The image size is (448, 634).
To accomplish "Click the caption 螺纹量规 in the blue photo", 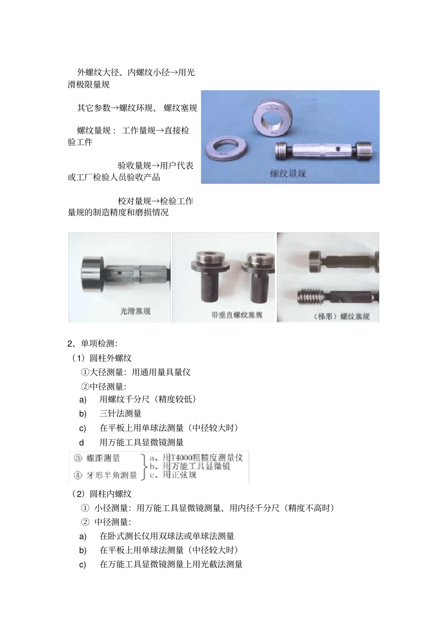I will (288, 173).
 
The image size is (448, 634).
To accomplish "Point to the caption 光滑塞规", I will (135, 311).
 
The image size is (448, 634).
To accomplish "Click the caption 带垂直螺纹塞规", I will (237, 315).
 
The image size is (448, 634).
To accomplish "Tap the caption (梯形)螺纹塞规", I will (341, 316).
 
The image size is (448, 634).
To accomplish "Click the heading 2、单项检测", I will (92, 344).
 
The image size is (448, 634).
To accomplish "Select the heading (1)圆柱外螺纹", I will (102, 358).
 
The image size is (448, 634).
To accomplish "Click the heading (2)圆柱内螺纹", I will (102, 494).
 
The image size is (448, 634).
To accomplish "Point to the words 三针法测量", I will (120, 414).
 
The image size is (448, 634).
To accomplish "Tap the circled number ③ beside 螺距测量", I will (78, 459).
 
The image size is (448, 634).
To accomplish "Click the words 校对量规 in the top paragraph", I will (134, 201).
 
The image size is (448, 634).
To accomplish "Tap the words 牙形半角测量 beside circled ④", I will (112, 475).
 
